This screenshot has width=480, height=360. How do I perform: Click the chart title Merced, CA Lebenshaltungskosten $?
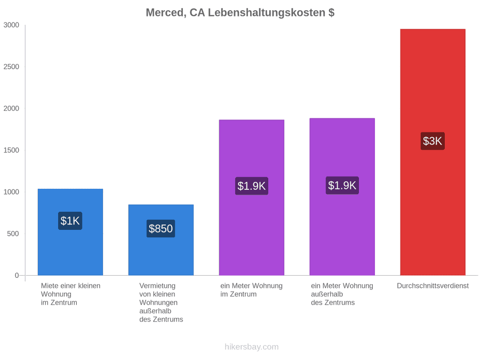click(240, 13)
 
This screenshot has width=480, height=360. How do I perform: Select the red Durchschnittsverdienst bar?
click(433, 152)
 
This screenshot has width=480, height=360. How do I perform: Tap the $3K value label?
click(433, 141)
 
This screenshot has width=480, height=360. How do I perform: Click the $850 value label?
click(161, 228)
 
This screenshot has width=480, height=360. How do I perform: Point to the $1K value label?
click(70, 221)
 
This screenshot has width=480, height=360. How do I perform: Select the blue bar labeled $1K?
click(70, 232)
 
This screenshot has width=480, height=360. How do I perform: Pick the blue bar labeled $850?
click(161, 240)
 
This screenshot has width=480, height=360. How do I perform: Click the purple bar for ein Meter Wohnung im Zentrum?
click(252, 197)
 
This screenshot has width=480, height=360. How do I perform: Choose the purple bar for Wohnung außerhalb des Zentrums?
click(342, 197)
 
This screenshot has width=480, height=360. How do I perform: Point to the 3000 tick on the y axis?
click(11, 25)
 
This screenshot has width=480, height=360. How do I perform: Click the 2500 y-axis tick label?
click(11, 67)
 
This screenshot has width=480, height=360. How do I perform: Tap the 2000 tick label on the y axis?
click(11, 108)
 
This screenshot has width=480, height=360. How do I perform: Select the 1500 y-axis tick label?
click(11, 150)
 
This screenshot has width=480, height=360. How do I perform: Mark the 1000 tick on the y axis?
click(11, 192)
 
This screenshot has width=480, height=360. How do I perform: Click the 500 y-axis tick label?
click(13, 234)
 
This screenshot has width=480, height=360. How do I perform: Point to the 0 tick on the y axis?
click(17, 276)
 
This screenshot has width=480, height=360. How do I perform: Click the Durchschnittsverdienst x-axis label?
click(433, 286)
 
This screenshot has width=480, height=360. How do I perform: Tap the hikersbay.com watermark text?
click(252, 347)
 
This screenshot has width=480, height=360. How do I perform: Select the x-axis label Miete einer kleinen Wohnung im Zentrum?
click(71, 294)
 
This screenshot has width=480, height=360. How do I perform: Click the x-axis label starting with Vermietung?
click(161, 302)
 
